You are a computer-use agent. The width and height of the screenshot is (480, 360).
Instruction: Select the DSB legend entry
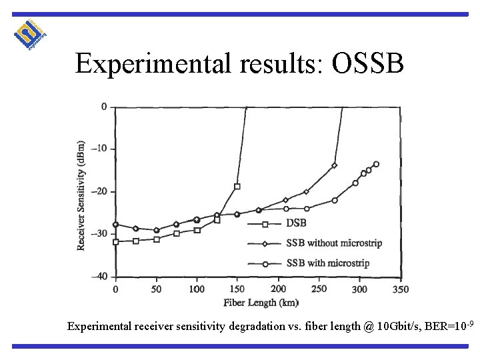(x=297, y=223)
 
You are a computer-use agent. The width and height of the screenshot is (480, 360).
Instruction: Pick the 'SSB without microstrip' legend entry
(x=334, y=243)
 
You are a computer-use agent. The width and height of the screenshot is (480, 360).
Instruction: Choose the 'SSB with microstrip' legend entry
(x=327, y=263)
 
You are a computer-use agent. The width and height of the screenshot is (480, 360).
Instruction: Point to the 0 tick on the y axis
(x=103, y=107)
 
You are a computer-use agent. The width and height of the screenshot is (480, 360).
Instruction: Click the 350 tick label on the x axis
(x=401, y=289)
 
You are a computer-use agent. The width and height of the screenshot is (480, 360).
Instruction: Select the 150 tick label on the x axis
(x=237, y=289)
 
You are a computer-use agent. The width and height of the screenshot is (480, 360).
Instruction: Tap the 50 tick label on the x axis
(x=157, y=289)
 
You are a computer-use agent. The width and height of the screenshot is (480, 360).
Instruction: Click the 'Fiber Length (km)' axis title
(x=260, y=303)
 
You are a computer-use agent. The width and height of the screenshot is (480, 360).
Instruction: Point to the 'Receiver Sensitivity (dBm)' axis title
(x=81, y=195)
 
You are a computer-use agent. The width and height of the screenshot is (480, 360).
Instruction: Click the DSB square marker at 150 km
(x=237, y=187)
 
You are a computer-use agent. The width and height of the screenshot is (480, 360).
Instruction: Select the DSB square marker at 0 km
(x=115, y=242)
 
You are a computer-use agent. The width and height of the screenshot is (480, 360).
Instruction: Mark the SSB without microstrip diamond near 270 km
(x=334, y=165)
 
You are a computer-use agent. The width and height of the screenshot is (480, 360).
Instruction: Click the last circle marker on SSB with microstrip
(x=376, y=164)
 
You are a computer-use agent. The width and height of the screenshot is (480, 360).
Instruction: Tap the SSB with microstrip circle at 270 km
(x=335, y=200)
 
